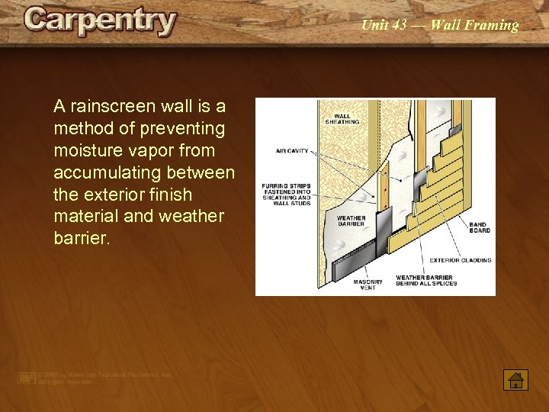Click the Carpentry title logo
[x=100, y=22]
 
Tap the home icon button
[x=515, y=378]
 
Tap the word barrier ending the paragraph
[x=81, y=239]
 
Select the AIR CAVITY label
[x=292, y=151]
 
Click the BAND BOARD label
[x=480, y=227]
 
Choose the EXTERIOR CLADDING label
[x=461, y=260]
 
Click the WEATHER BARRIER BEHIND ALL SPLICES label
[x=426, y=280]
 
